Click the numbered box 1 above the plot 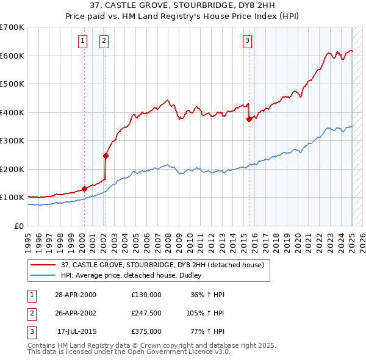tap(82, 41)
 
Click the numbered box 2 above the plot tap(104, 41)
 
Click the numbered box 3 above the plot tap(247, 41)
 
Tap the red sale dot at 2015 tap(249, 120)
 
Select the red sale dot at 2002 tap(106, 156)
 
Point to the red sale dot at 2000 tap(84, 189)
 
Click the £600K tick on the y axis tap(12, 56)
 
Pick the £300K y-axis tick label tap(12, 140)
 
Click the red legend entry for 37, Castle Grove tap(162, 265)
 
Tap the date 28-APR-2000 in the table tap(76, 295)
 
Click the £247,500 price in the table tap(146, 313)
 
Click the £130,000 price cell tap(146, 295)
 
